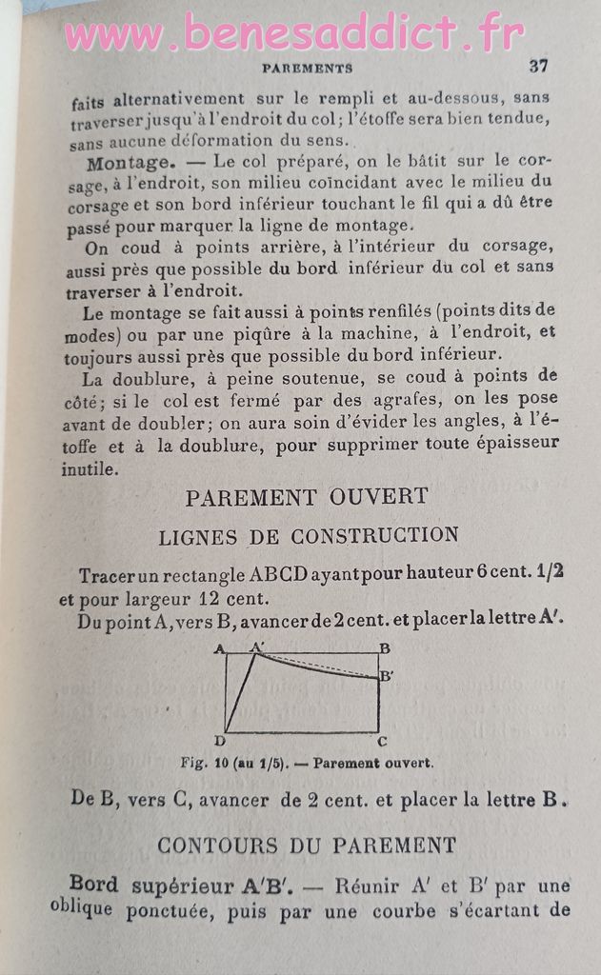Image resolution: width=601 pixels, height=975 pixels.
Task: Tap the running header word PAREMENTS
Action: [307, 69]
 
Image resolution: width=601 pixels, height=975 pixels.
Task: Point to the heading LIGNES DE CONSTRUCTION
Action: [308, 536]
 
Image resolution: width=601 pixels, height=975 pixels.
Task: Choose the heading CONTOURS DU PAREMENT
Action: [307, 845]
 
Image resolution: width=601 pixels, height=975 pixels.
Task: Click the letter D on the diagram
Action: [219, 742]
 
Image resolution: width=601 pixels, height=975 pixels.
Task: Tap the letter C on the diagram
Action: [382, 741]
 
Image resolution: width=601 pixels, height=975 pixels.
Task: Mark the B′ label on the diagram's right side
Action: [387, 677]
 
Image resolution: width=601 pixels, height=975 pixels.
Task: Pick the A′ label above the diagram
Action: [257, 647]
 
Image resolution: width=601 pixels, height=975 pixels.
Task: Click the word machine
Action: [363, 334]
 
